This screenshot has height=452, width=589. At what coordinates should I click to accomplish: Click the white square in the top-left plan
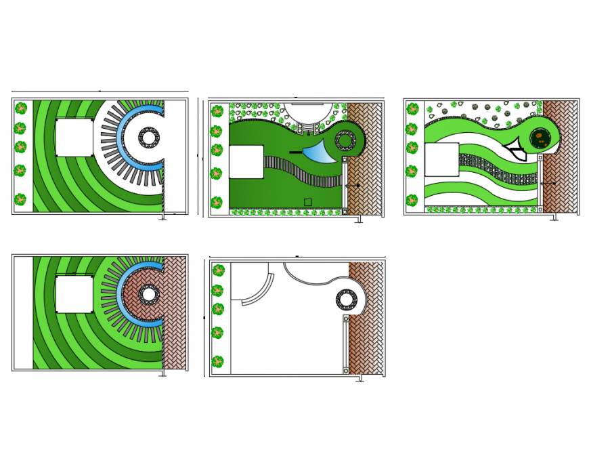coord(74,138)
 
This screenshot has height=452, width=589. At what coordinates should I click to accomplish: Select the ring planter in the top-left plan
coord(149,138)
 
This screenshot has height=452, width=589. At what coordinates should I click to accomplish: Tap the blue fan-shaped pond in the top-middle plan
coord(319,152)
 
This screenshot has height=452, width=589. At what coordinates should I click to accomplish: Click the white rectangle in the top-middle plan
coord(246,162)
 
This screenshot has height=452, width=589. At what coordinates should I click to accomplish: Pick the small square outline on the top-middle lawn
coord(308,202)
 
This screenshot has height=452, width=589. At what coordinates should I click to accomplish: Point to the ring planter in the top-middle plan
coord(345,141)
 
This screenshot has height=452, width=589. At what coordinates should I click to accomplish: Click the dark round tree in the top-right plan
coord(540,138)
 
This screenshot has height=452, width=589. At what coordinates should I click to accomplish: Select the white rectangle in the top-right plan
coord(441,160)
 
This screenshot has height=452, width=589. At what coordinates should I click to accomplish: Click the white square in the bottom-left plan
coord(74,294)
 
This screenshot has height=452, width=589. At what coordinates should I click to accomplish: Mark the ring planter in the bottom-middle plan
coord(347,300)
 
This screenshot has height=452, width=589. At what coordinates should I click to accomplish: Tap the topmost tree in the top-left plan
coord(21,108)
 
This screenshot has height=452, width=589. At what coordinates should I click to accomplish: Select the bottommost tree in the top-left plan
coord(21,200)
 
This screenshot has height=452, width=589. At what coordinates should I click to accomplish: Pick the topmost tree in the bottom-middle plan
coord(217,270)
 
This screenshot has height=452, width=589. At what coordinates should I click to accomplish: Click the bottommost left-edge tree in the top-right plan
coord(412,201)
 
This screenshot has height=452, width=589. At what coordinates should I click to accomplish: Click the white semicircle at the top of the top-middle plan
coord(308,112)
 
